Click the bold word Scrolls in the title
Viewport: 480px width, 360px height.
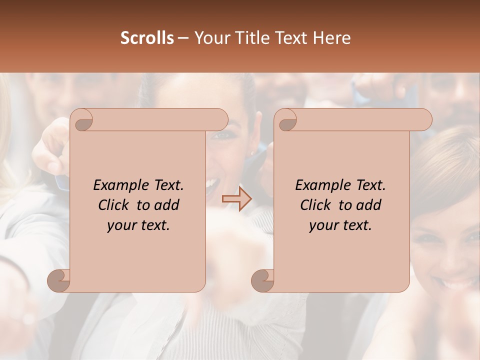click(x=147, y=38)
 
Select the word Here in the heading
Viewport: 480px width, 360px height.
click(x=332, y=38)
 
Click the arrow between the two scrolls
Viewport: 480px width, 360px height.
click(x=237, y=199)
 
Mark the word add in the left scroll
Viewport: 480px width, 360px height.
click(x=166, y=205)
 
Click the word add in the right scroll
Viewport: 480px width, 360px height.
click(x=368, y=205)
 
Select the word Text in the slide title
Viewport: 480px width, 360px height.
click(x=291, y=38)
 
